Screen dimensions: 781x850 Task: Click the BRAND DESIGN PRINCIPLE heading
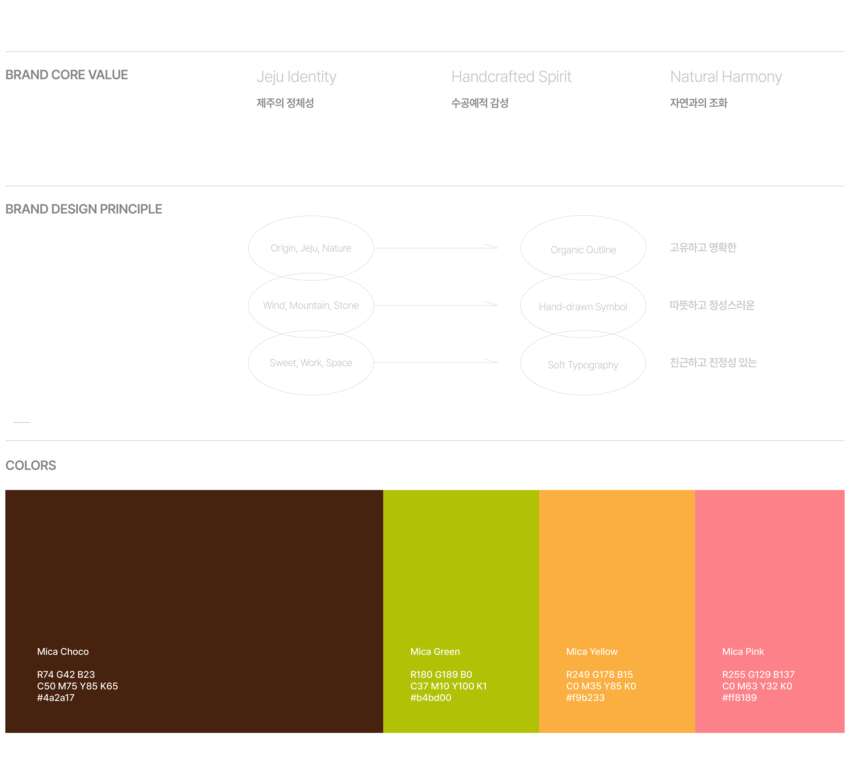(x=84, y=209)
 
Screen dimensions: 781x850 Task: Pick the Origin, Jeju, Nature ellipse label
(x=311, y=248)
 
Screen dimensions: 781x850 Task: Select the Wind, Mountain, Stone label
(x=311, y=305)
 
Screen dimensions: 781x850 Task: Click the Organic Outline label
(x=583, y=250)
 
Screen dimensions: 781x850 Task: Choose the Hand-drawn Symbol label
(x=583, y=307)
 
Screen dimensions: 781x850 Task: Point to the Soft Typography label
(x=583, y=365)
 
